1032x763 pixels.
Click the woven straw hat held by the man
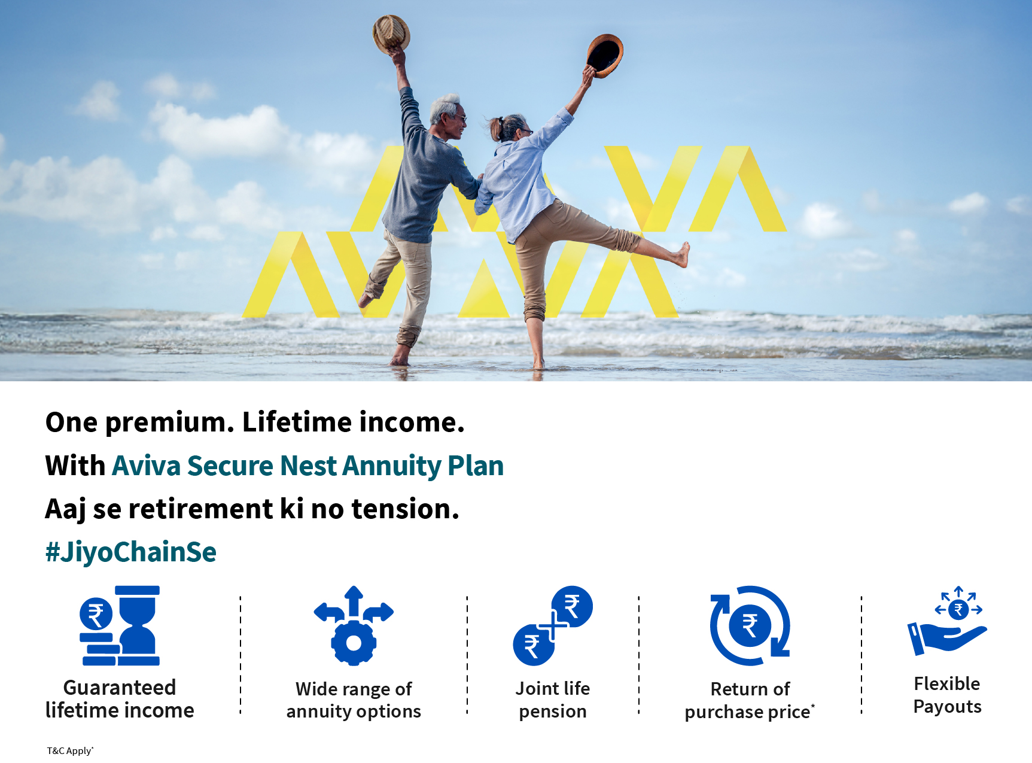(x=391, y=34)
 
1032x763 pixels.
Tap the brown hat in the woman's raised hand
(x=605, y=56)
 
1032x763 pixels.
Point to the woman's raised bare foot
(x=681, y=254)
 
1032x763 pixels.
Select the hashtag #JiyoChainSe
(x=131, y=552)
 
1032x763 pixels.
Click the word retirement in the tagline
(x=201, y=509)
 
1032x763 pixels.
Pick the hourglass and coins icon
(x=120, y=625)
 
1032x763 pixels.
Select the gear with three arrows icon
(x=354, y=625)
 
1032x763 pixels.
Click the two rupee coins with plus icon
(x=553, y=625)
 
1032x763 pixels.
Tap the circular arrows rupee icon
(x=750, y=625)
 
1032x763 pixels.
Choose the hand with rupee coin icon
(x=947, y=621)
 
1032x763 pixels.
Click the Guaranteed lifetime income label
(x=120, y=699)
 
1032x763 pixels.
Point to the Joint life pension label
(x=553, y=700)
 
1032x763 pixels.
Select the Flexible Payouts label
(x=947, y=695)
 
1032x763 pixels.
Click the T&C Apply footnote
(x=70, y=750)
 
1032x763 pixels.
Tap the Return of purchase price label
(x=750, y=700)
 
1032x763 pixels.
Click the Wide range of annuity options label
(x=354, y=700)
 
